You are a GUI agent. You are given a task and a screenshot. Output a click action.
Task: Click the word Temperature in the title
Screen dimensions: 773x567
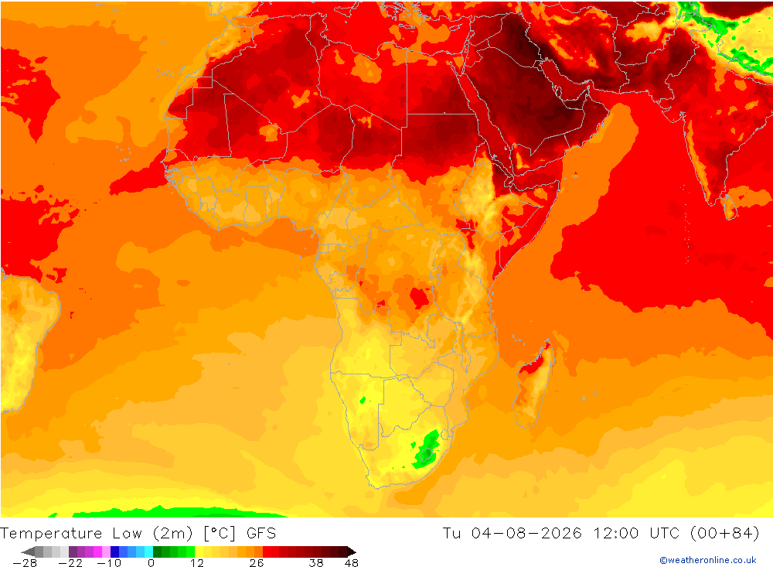click(51, 534)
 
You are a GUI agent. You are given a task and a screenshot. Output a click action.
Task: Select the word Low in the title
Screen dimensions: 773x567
click(128, 534)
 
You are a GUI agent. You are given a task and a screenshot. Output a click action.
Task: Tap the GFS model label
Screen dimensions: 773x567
click(261, 534)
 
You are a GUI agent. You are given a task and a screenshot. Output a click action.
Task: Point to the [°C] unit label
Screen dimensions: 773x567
click(220, 534)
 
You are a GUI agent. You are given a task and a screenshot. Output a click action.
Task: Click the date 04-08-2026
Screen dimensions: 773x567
click(526, 534)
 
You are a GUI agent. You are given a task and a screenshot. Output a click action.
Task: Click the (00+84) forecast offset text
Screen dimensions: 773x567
click(725, 534)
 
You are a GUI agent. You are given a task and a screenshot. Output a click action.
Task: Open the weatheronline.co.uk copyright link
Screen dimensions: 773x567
click(708, 560)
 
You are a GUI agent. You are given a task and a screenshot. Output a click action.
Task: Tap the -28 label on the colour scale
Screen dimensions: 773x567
click(25, 563)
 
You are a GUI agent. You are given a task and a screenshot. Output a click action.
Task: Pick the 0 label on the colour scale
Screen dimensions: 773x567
click(152, 563)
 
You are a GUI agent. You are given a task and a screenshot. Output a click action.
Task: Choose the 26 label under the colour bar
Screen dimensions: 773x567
click(257, 563)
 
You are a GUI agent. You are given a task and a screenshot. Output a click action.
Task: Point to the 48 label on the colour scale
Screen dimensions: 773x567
click(352, 563)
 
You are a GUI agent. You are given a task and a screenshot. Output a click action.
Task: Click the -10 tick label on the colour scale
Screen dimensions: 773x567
click(108, 563)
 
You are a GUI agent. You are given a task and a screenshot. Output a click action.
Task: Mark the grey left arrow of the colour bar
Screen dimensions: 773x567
click(28, 552)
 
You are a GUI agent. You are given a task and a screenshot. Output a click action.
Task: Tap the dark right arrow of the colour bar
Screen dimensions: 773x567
click(350, 552)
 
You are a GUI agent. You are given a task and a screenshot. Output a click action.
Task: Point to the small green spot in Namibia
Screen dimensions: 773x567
click(363, 400)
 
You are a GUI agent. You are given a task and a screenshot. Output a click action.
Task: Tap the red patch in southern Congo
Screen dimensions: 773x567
click(419, 298)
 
